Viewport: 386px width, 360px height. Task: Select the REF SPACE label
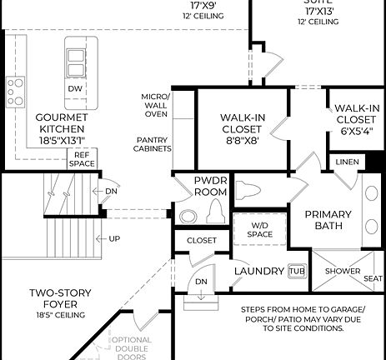(83, 158)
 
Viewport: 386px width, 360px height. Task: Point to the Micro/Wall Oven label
(157, 105)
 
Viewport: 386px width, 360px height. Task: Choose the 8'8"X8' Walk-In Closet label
(243, 129)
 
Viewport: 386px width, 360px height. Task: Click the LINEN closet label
(347, 162)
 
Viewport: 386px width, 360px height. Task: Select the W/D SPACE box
(259, 229)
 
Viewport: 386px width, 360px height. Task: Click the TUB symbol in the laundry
(296, 271)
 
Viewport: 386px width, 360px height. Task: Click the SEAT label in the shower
(373, 278)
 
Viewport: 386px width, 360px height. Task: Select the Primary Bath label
(328, 220)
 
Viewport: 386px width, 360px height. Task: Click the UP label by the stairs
(114, 239)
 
